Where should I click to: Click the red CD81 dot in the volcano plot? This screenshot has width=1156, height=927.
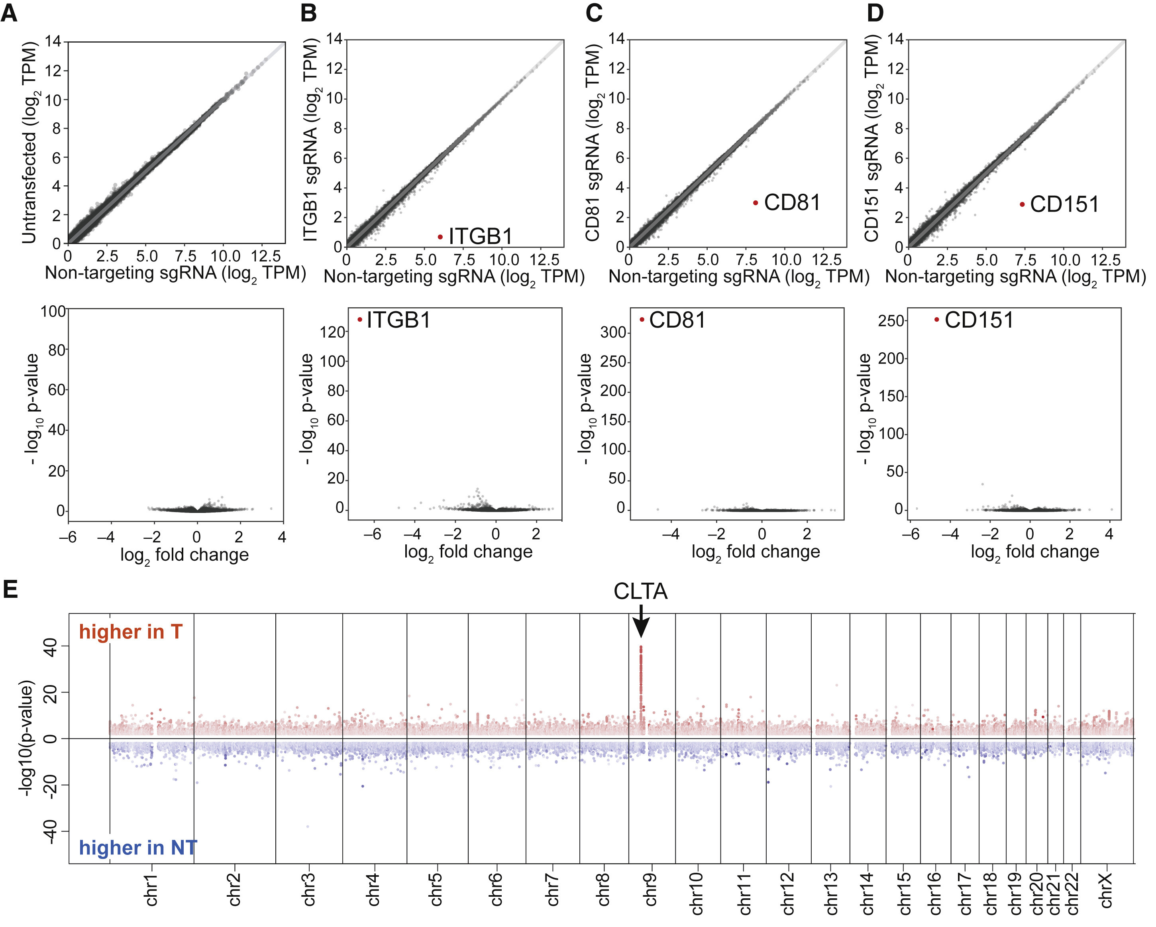coord(642,320)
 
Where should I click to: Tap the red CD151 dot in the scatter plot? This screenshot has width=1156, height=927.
coord(1022,204)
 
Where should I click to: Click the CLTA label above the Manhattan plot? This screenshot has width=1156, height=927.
coord(641,592)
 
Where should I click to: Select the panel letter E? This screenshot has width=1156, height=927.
coord(10,589)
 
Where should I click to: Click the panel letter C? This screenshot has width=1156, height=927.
coord(594,13)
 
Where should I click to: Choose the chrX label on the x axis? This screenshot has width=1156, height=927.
coord(1106,890)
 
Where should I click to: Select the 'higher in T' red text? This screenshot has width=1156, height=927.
coord(131,632)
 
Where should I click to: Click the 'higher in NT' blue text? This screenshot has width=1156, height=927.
coord(138,848)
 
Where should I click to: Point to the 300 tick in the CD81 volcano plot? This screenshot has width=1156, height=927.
coord(613,332)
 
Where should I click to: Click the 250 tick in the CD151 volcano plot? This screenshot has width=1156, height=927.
coord(891,320)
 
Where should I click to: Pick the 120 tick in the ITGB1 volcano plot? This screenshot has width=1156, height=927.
coord(332,332)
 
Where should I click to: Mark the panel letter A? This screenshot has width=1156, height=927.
coord(9,13)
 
